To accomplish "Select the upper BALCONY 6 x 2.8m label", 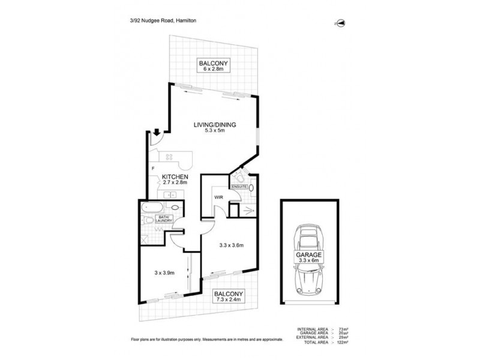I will point(214,66).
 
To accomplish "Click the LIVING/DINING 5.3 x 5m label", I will point(214,128).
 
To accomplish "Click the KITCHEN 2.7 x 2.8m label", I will point(175,180).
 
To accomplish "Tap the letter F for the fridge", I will point(153,169).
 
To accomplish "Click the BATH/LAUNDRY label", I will point(164,218).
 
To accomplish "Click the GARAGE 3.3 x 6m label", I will point(309,257).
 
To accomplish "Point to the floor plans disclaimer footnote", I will point(207,339).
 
